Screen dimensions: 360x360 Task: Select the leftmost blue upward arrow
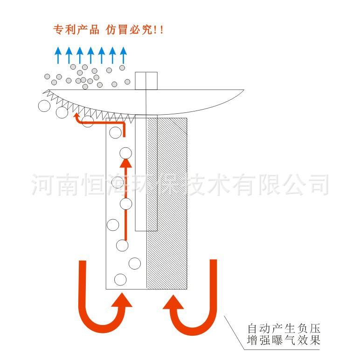[58, 55]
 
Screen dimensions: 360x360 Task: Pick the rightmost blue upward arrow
[123, 55]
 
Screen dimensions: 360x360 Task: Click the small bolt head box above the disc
[146, 81]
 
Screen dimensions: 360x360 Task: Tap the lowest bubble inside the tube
[120, 279]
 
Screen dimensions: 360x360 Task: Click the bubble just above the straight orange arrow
[125, 153]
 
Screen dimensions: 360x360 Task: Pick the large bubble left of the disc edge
[44, 106]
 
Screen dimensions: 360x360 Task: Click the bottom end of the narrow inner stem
[146, 230]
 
